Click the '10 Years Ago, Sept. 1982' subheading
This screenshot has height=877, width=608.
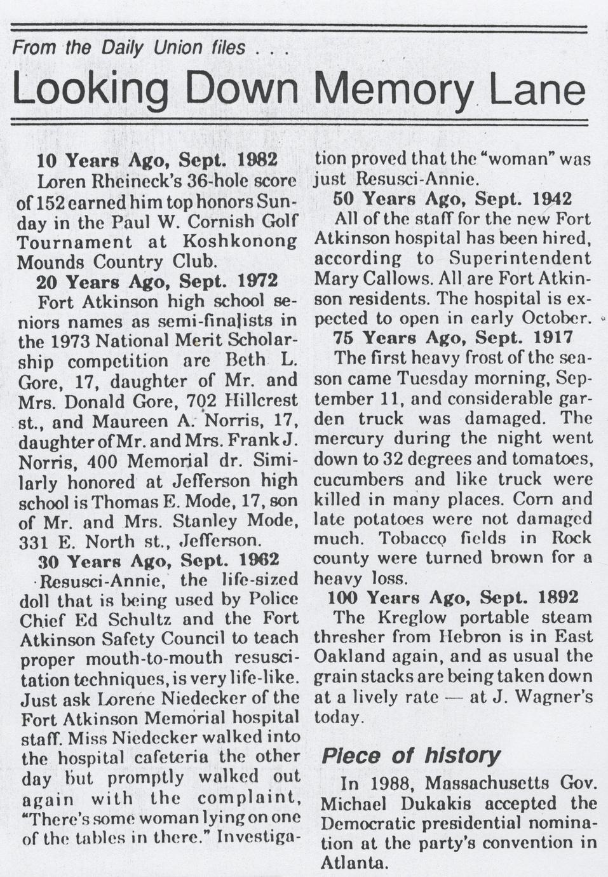[157, 160]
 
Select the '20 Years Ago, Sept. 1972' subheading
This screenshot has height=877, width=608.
[157, 280]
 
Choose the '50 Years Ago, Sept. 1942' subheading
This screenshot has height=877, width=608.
[452, 199]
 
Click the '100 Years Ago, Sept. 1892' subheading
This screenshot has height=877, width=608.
[453, 597]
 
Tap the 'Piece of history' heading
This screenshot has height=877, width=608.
[410, 756]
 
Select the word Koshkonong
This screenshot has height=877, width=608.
[240, 241]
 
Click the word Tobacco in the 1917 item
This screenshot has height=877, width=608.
[416, 538]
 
